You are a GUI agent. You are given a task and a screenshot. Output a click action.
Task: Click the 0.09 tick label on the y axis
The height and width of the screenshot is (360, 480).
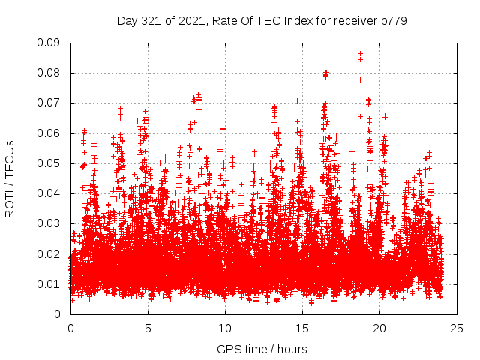49,43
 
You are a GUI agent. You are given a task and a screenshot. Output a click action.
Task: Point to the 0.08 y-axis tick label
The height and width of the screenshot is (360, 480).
49,73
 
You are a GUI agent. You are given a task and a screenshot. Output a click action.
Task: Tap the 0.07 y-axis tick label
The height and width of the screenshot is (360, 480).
49,103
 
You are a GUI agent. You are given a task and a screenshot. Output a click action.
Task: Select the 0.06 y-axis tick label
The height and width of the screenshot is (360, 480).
49,133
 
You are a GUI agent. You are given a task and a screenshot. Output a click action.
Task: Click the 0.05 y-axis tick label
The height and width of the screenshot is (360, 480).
49,163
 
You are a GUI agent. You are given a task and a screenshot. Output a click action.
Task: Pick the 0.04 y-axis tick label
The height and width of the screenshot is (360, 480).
49,193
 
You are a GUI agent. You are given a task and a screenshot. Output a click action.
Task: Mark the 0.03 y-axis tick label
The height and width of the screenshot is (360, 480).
49,223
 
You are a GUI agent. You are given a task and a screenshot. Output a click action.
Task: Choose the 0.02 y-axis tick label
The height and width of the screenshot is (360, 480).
49,253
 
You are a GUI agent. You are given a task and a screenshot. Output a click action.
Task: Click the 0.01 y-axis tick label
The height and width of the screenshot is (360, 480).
49,283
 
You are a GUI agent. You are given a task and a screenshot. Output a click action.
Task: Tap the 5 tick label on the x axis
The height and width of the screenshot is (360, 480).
148,328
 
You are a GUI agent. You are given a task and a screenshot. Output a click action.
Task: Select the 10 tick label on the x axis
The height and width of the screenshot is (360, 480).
225,328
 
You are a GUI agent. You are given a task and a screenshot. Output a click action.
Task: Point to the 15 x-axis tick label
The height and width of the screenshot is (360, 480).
302,328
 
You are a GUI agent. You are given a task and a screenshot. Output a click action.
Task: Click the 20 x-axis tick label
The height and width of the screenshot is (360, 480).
379,328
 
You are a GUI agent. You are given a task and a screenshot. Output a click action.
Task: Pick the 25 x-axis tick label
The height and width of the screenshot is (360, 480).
457,328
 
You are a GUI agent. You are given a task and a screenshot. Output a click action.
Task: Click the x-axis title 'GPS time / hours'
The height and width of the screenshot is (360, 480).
262,349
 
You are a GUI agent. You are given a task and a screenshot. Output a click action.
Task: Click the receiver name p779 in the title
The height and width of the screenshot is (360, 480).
393,21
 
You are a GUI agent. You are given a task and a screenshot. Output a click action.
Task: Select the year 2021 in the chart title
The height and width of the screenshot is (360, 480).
192,21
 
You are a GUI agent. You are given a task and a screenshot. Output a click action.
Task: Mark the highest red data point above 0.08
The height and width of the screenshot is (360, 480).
360,54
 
